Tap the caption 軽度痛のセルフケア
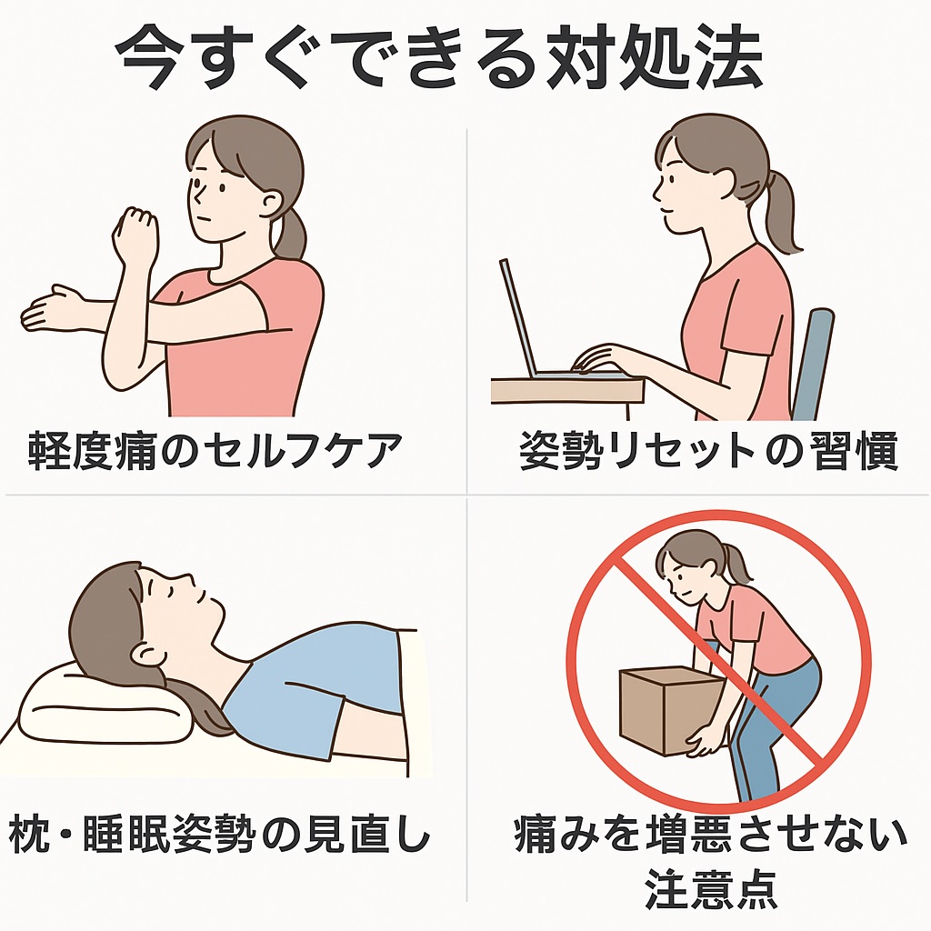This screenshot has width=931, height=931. pyautogui.click(x=215, y=451)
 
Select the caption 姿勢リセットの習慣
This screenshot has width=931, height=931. pyautogui.click(x=707, y=451)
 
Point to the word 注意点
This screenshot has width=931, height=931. pyautogui.click(x=711, y=889)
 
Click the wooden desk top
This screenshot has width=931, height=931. pyautogui.click(x=567, y=391)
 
